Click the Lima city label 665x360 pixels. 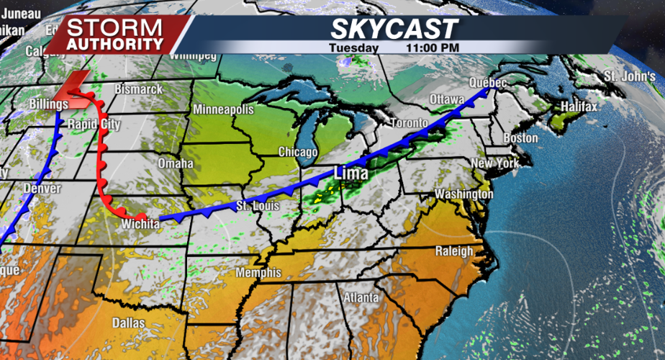[x=350, y=174]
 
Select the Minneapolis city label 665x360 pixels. [x=223, y=110]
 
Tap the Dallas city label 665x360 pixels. [x=128, y=322]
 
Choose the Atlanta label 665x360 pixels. [x=361, y=297]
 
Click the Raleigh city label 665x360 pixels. [x=454, y=251]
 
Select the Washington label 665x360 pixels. [x=463, y=194]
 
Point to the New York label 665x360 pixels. [x=495, y=163]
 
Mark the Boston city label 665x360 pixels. [x=521, y=138]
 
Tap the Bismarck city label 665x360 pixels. [x=137, y=89]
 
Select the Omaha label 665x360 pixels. [x=176, y=163]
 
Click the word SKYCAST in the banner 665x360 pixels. [x=394, y=30]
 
